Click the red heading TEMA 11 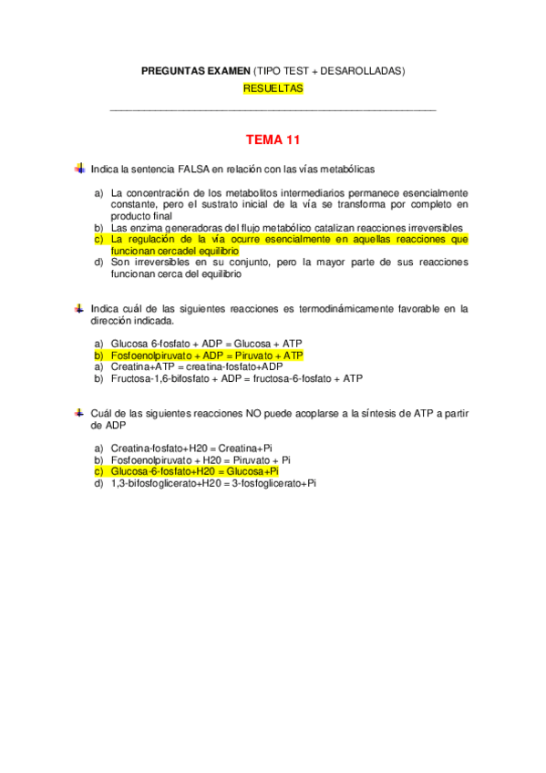[x=273, y=140]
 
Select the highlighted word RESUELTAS [x=273, y=89]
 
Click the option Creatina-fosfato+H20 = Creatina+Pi [x=191, y=448]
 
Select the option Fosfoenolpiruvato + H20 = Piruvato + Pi [x=201, y=459]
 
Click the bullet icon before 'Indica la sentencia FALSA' [x=79, y=168]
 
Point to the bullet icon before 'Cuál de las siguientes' [x=79, y=413]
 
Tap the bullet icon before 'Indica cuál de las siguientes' [x=79, y=308]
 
